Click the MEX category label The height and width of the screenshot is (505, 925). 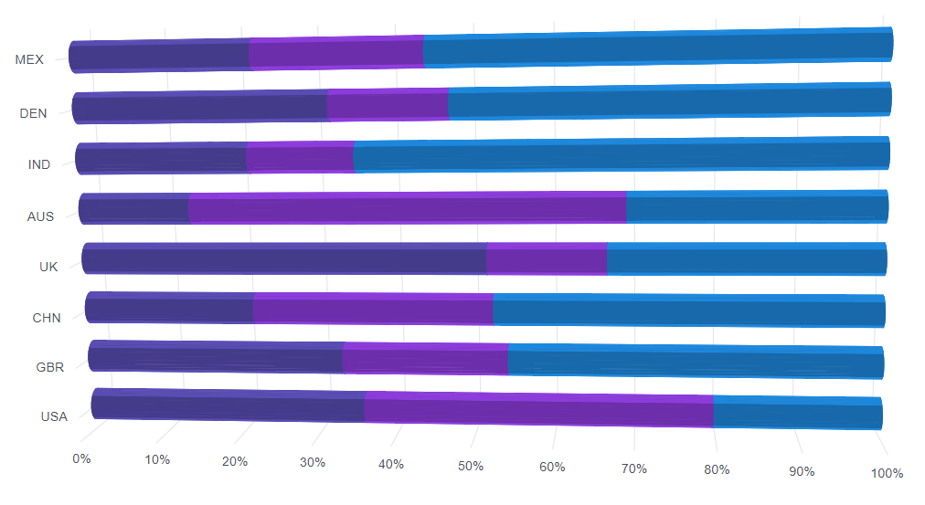click(x=29, y=59)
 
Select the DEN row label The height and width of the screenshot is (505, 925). click(x=33, y=113)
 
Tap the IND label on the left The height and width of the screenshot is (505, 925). click(x=39, y=164)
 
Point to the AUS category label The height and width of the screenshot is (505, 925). click(x=40, y=216)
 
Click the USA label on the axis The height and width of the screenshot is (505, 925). click(x=54, y=416)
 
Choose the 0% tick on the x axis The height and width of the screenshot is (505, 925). click(x=81, y=458)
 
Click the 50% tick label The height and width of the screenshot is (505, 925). click(x=471, y=466)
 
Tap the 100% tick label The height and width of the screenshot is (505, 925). click(x=887, y=473)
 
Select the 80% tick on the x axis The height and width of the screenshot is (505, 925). click(x=717, y=469)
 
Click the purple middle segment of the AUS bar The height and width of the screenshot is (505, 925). click(x=407, y=208)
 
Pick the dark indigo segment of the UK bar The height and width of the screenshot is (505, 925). click(x=283, y=258)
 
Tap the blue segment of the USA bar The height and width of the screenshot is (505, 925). click(x=797, y=413)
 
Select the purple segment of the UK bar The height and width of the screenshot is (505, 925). click(x=547, y=258)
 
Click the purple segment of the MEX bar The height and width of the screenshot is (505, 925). click(x=335, y=53)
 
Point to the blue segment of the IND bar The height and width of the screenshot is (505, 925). click(x=622, y=155)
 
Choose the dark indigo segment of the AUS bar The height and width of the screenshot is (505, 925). click(x=133, y=209)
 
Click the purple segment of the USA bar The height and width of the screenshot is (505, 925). click(x=538, y=409)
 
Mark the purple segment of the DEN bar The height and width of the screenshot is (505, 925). click(x=387, y=105)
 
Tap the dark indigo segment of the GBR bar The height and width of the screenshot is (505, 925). click(x=216, y=356)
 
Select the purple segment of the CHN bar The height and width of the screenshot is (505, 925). click(x=373, y=309)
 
